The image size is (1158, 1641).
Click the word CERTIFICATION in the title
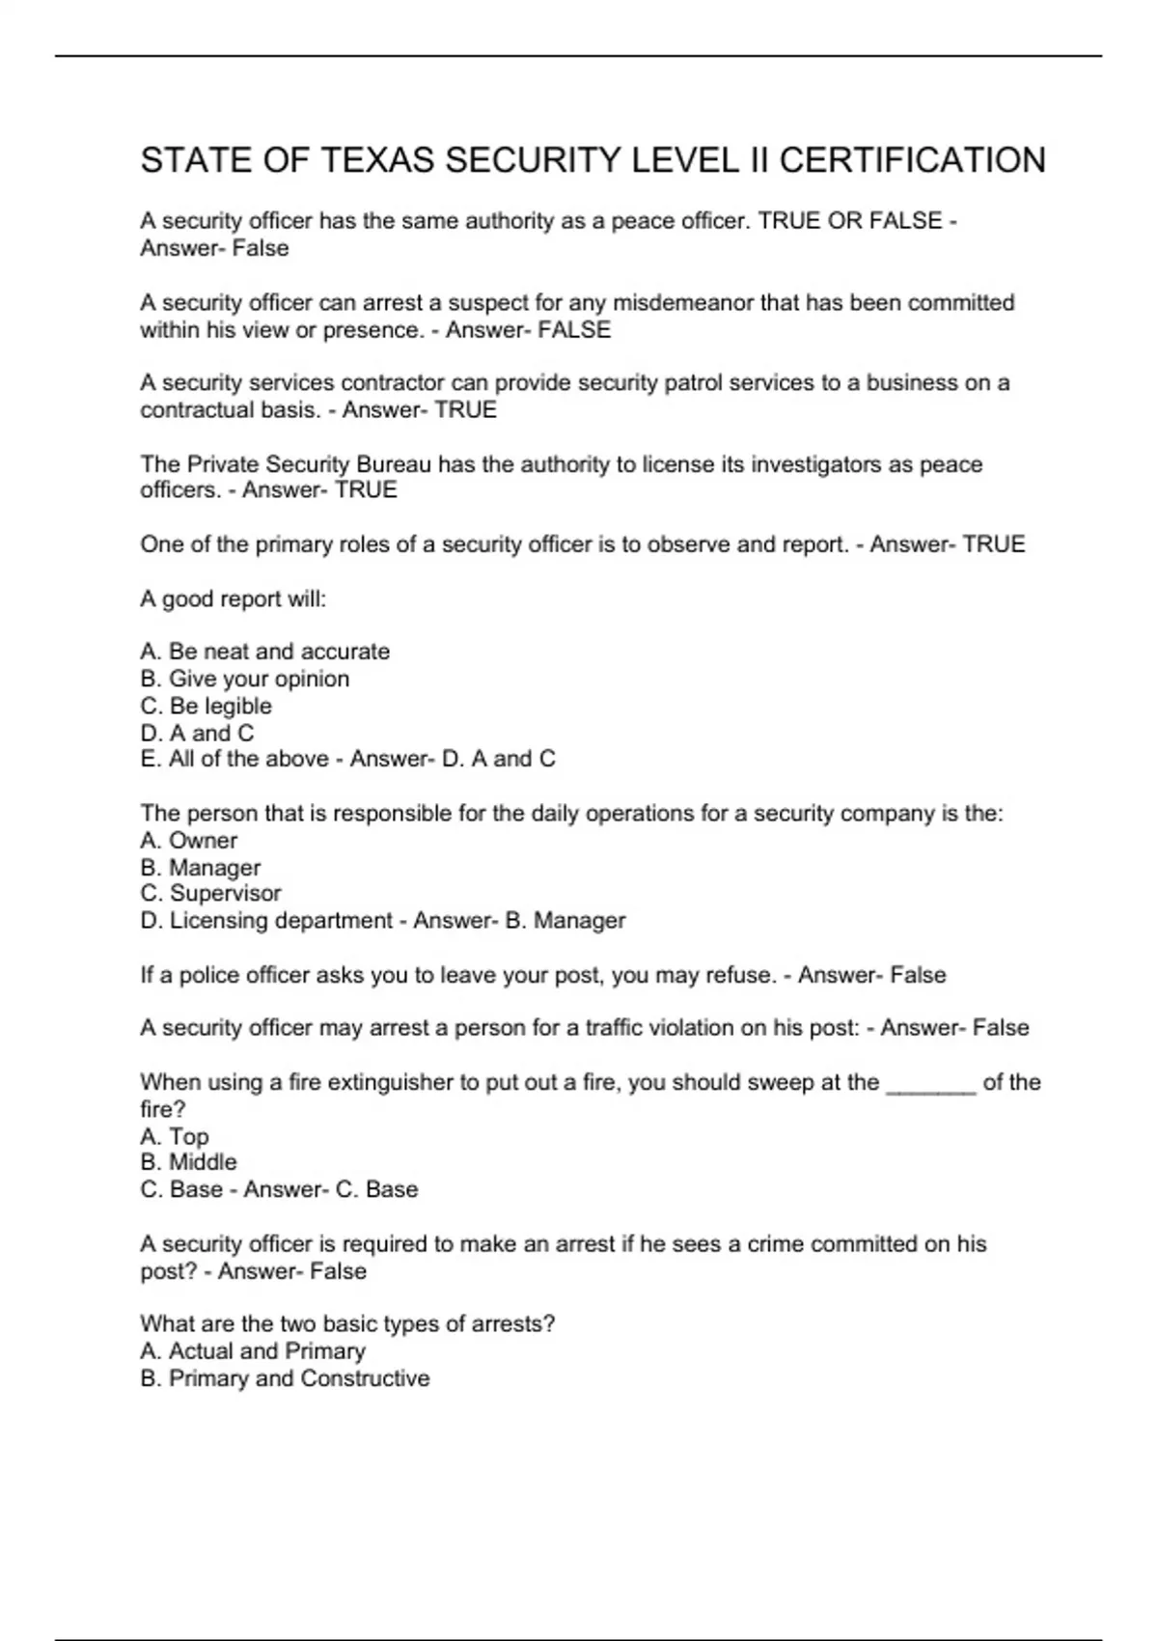[912, 160]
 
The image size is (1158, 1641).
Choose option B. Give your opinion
[245, 679]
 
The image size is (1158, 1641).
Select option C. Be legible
[206, 706]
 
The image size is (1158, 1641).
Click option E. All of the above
[234, 759]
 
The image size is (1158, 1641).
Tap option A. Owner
[188, 841]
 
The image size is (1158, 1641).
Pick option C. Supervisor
[210, 894]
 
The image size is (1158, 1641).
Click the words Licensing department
[281, 921]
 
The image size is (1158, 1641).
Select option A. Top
[175, 1136]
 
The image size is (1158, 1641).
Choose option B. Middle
[188, 1162]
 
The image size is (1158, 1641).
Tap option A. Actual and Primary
[253, 1351]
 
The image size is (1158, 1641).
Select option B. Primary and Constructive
[285, 1378]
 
